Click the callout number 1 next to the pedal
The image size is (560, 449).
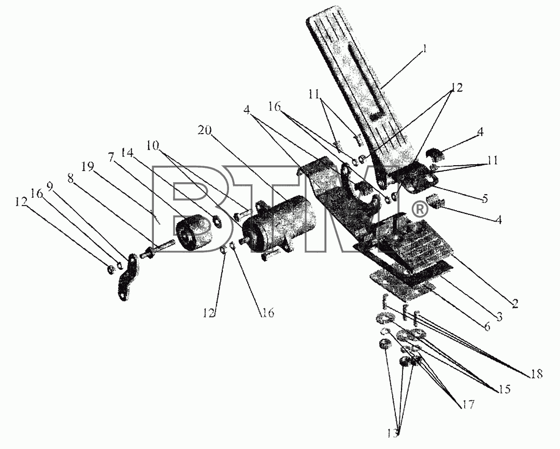(424, 49)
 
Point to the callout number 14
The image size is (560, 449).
(127, 152)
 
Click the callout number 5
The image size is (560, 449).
(484, 198)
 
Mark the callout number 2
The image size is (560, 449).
(514, 303)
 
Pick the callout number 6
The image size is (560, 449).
(487, 326)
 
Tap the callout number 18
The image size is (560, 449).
(536, 373)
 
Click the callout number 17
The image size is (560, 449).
(467, 404)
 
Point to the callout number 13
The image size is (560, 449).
(393, 433)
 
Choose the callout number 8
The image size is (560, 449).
(70, 179)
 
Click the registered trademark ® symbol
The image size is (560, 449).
(420, 210)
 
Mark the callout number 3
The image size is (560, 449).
(499, 316)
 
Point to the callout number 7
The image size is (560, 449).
(111, 156)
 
